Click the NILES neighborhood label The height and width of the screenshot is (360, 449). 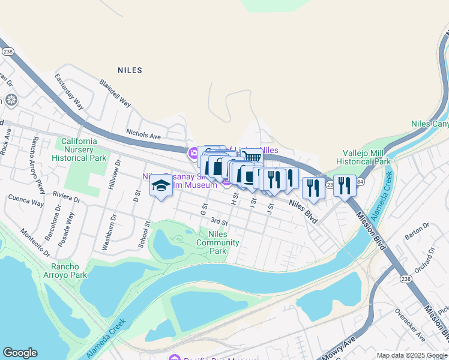pos(130,70)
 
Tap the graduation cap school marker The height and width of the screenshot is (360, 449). pos(160,187)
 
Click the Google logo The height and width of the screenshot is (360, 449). pos(20,353)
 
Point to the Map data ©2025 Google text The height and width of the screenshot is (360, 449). pos(411,355)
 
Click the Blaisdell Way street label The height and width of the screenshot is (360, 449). pos(115,94)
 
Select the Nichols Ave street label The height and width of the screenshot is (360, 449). pos(143,136)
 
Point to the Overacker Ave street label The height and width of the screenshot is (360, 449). pos(409,324)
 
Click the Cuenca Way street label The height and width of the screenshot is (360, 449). pos(26,201)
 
